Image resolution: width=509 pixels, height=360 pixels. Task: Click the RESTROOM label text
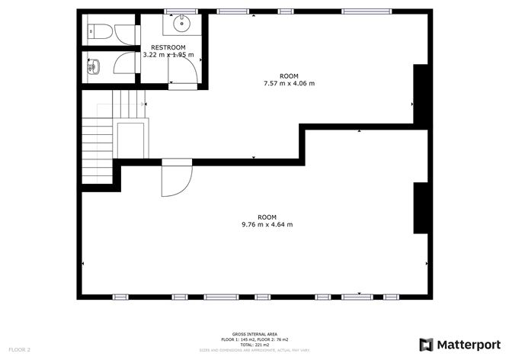[168, 47]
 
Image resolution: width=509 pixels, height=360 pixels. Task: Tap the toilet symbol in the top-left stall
[98, 31]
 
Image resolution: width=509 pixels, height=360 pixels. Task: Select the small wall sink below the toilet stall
[94, 66]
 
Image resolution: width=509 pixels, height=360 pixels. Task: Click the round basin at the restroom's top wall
[181, 24]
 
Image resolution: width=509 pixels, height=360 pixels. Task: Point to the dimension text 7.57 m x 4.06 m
[288, 83]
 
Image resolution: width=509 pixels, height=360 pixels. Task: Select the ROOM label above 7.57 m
[288, 76]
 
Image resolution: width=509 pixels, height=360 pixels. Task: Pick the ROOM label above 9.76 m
[267, 217]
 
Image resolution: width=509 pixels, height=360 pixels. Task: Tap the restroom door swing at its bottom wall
[187, 70]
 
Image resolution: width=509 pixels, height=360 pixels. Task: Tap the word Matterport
[469, 343]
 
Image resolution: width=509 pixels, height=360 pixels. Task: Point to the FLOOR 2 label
[18, 349]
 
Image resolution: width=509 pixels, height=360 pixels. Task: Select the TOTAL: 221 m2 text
[254, 344]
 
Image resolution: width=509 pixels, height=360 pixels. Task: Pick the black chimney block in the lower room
[420, 207]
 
